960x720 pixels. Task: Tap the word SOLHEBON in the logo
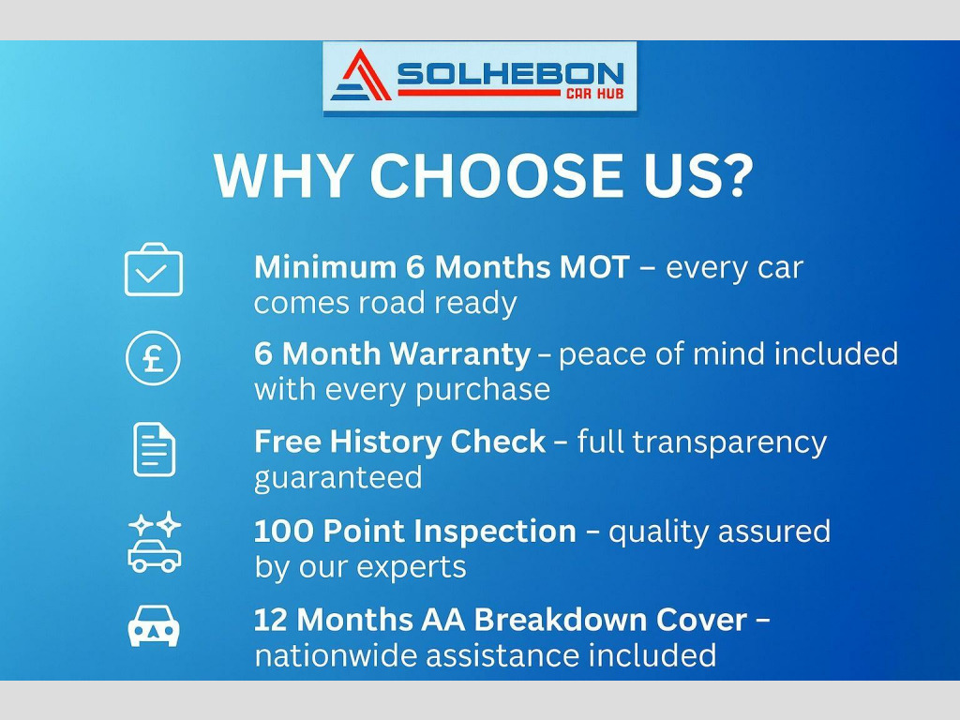click(x=510, y=75)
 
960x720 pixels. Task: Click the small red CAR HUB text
click(x=594, y=93)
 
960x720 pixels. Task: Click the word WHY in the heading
click(x=283, y=175)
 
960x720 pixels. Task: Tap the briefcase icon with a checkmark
click(x=154, y=269)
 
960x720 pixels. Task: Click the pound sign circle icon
click(x=153, y=357)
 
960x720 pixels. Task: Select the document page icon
click(x=155, y=449)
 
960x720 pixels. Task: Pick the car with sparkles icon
click(x=155, y=542)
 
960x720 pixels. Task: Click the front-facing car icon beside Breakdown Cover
click(x=154, y=625)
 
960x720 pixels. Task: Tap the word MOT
click(x=594, y=267)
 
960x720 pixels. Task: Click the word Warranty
click(x=460, y=354)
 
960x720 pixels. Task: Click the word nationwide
click(x=336, y=655)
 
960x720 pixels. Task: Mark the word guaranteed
click(x=337, y=478)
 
